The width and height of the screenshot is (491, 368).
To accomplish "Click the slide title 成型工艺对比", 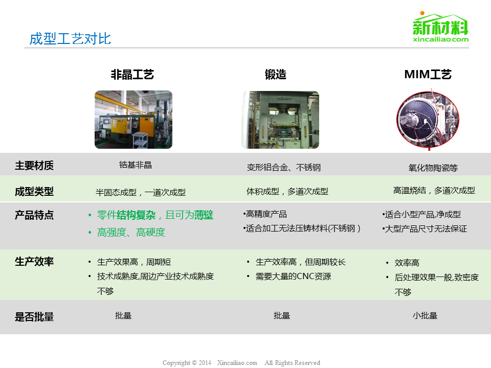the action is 70,39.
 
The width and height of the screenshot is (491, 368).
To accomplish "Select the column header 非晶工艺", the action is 132,75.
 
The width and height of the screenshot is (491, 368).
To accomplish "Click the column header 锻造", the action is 276,75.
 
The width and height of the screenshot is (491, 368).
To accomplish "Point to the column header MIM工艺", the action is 428,75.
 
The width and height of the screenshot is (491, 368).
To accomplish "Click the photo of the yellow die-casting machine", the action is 133,120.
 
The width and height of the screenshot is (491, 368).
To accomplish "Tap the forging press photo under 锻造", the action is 281,120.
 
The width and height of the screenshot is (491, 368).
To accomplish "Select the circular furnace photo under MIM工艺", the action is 428,120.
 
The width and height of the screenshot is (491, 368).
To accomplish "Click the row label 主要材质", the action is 34,165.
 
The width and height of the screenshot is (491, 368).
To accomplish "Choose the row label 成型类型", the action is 34,191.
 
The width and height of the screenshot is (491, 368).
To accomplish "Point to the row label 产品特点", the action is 34,215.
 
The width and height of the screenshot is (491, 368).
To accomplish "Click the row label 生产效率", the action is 34,261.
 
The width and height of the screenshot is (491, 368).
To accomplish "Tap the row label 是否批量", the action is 34,317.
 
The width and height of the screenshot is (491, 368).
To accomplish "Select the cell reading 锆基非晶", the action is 135,165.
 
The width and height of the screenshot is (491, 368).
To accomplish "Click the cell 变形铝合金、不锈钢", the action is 284,168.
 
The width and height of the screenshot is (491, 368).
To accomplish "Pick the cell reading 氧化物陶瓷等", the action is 433,168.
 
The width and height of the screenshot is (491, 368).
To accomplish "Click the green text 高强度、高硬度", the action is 131,232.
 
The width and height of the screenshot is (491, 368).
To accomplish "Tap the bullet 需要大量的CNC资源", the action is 293,277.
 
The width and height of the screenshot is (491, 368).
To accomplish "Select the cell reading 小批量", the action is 425,315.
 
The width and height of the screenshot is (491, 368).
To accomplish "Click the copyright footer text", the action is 241,363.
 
